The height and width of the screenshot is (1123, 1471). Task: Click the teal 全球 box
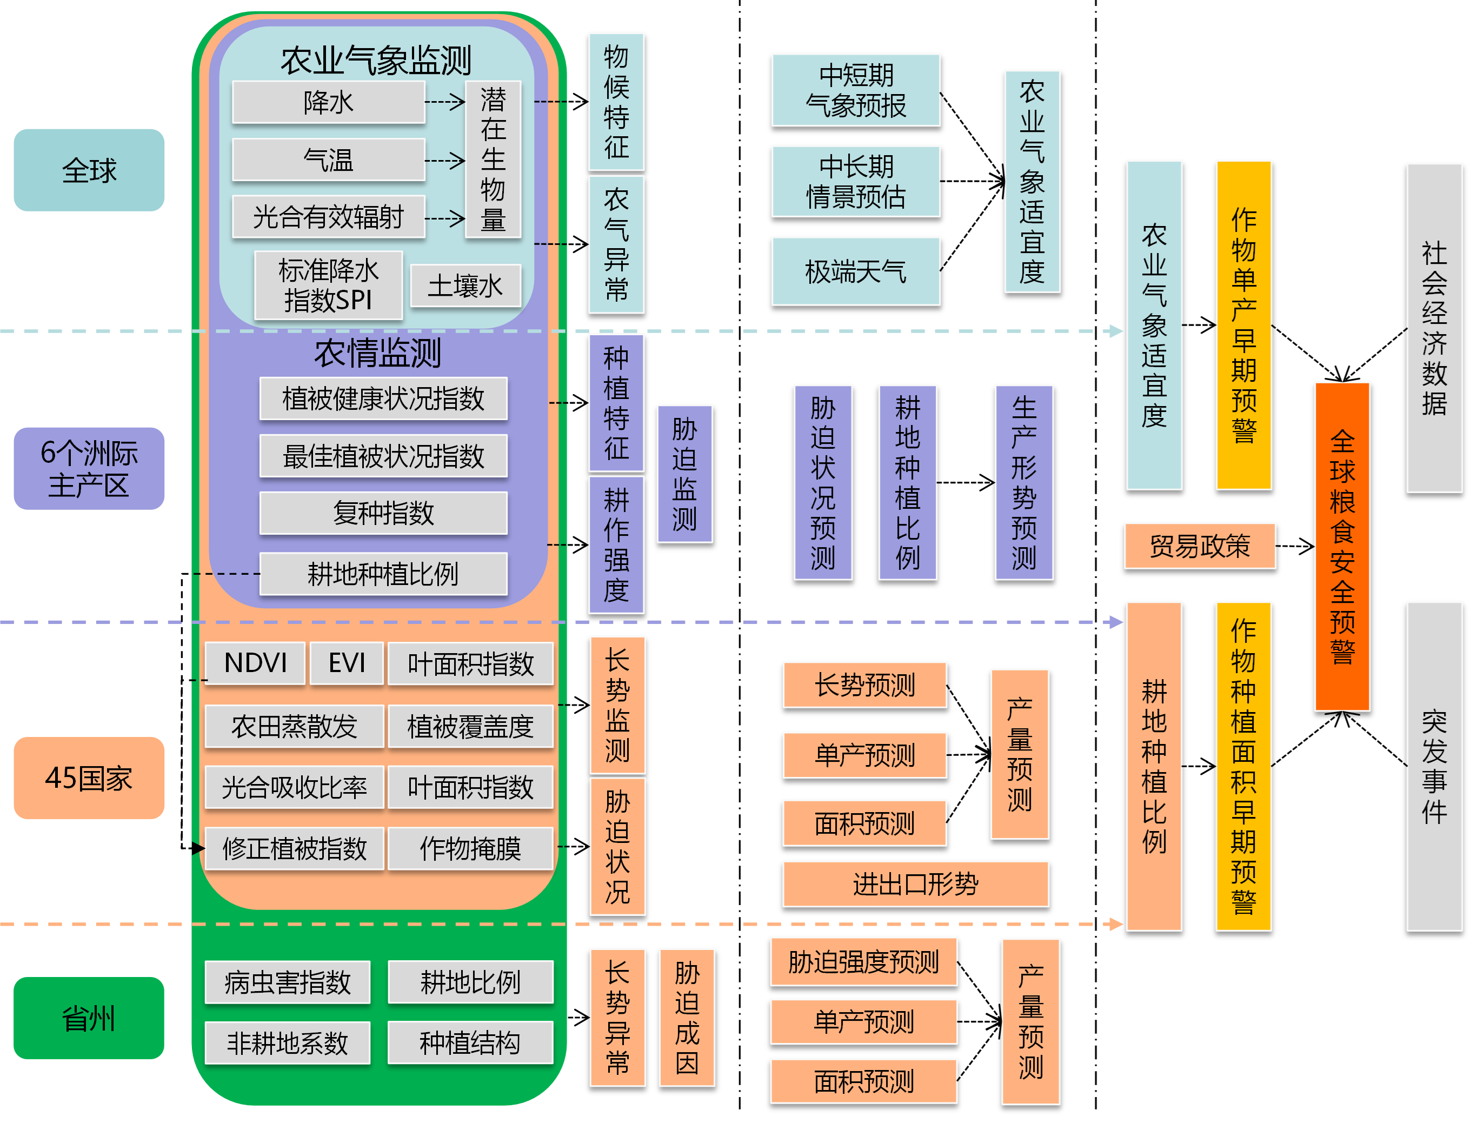[89, 170]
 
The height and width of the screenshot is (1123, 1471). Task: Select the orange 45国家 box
[89, 778]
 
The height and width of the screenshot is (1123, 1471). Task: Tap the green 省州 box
[89, 1018]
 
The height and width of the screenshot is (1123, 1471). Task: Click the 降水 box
[328, 102]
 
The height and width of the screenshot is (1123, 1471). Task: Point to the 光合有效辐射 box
[328, 217]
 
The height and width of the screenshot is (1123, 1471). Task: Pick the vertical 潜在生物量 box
[492, 159]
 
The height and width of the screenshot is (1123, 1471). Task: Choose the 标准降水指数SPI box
[328, 285]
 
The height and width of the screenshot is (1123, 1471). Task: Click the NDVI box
[255, 662]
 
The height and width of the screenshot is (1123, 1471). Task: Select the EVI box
[346, 662]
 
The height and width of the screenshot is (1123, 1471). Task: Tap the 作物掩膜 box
[470, 848]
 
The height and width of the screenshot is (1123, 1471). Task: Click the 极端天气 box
[855, 271]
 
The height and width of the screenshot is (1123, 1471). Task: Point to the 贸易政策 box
[1199, 546]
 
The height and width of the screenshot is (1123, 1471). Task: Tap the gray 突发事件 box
[1434, 766]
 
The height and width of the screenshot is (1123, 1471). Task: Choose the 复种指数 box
[383, 513]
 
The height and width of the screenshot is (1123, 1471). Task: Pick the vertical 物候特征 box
[616, 102]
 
